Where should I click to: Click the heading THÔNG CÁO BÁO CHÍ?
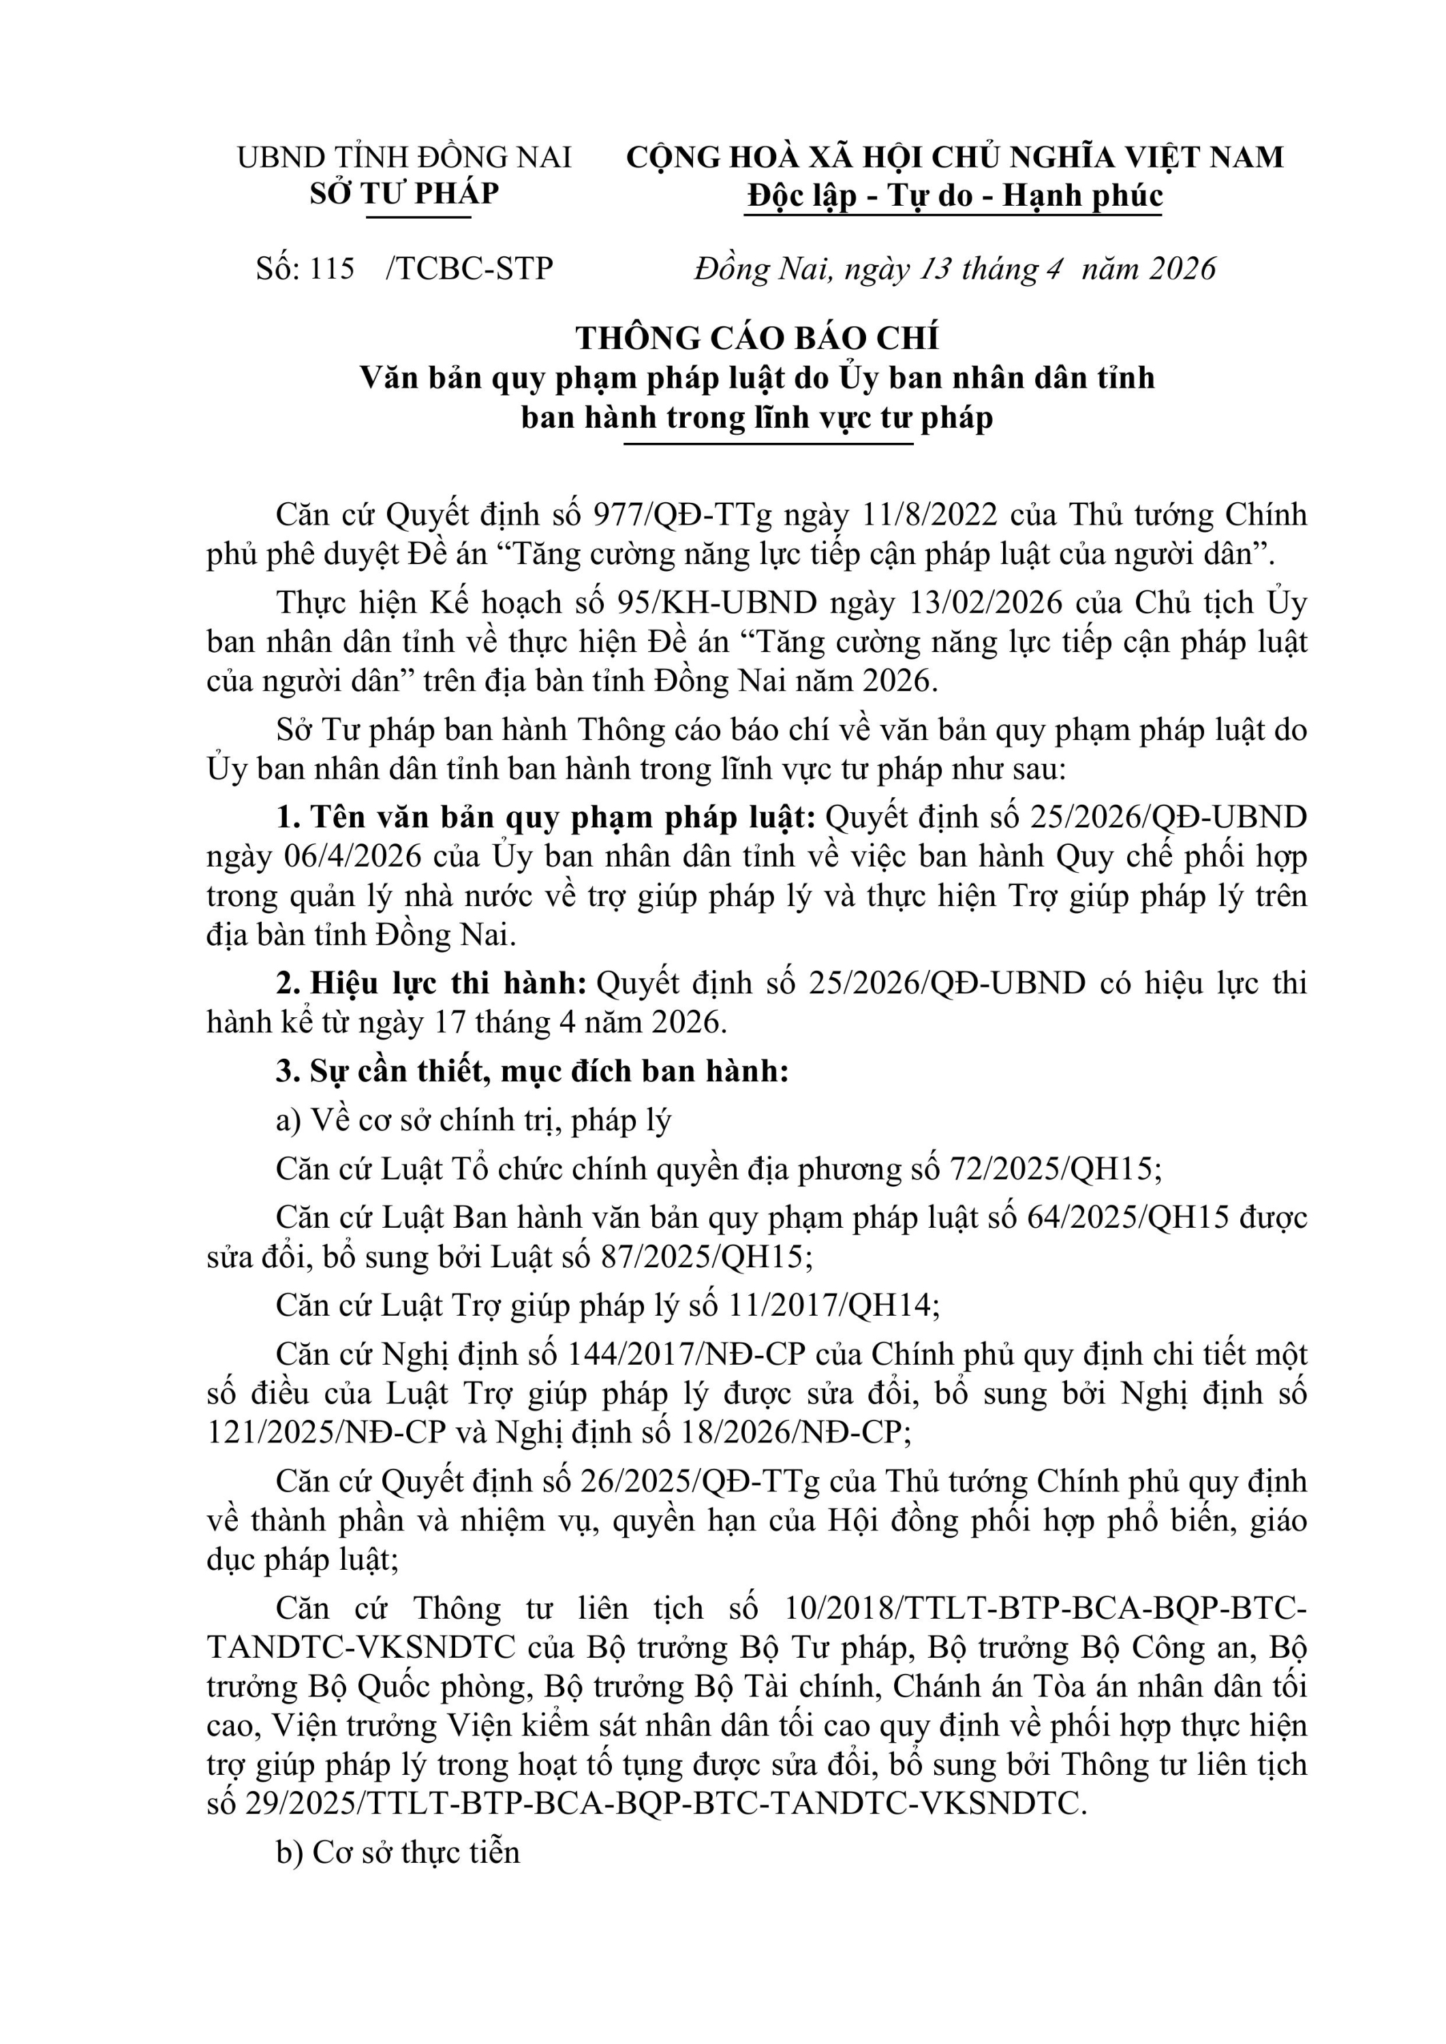pyautogui.click(x=757, y=339)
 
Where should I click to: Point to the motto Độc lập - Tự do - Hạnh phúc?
pyautogui.click(x=955, y=196)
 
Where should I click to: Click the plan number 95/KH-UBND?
pyautogui.click(x=717, y=603)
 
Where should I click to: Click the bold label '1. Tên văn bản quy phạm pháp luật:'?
pyautogui.click(x=546, y=817)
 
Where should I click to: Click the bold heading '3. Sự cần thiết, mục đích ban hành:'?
pyautogui.click(x=532, y=1071)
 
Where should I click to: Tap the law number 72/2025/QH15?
pyautogui.click(x=1051, y=1169)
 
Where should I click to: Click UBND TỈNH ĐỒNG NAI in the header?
pyautogui.click(x=404, y=157)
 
